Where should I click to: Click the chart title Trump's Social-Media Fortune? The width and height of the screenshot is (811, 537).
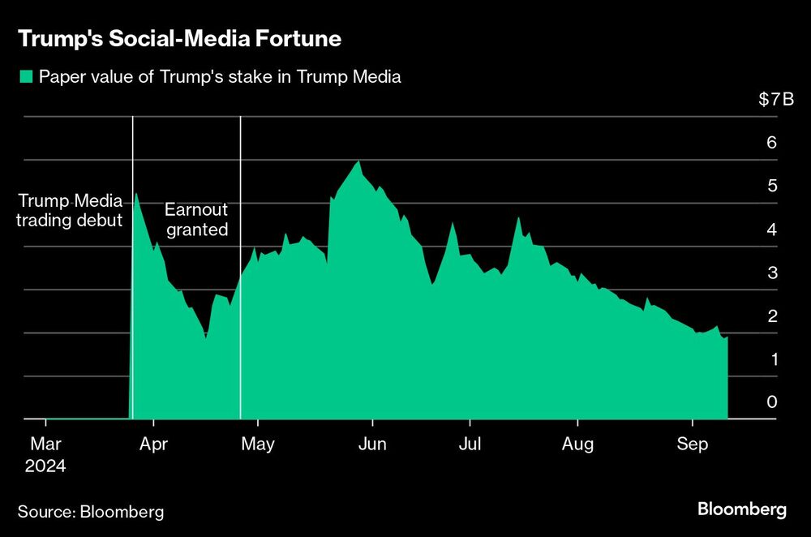click(x=178, y=38)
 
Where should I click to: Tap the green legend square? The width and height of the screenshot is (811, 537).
click(x=25, y=78)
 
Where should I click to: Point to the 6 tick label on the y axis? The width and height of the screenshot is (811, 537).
click(x=771, y=143)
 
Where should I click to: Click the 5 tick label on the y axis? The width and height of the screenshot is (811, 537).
click(x=771, y=186)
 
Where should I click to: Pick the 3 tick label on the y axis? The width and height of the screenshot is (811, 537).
click(x=771, y=273)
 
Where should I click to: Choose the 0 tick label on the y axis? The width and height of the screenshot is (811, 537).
click(x=771, y=402)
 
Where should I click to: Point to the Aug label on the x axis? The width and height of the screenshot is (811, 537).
click(x=577, y=444)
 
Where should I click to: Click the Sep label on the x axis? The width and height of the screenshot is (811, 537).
click(x=692, y=444)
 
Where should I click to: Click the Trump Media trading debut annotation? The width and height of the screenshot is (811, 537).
click(x=70, y=209)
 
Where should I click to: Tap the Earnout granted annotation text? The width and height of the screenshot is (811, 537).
click(x=196, y=219)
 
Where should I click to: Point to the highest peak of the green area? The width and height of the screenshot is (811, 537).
click(x=358, y=162)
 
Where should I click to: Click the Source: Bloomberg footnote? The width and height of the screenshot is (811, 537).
click(x=91, y=512)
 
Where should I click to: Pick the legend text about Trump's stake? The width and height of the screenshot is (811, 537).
click(x=220, y=78)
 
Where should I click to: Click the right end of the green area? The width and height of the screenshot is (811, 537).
click(x=727, y=338)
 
